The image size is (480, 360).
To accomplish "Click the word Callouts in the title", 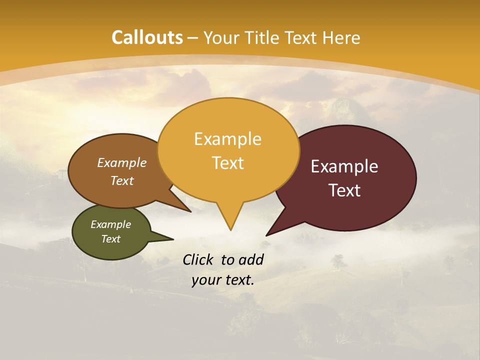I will tap(147, 37).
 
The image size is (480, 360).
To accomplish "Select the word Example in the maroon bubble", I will tap(344, 166).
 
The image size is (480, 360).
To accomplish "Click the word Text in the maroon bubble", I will tap(344, 190).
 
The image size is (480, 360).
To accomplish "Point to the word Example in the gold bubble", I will tap(227, 139).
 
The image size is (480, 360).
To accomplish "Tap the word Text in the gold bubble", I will tap(227, 163).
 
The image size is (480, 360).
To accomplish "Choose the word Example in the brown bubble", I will tap(121, 162).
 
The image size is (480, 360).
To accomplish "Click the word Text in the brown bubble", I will tap(121, 180).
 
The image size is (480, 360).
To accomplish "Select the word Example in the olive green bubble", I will tap(110, 224).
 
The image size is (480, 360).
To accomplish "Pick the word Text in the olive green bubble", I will tap(110, 239).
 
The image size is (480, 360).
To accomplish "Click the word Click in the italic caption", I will tap(199, 259).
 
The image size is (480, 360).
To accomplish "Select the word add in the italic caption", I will tap(251, 259).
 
